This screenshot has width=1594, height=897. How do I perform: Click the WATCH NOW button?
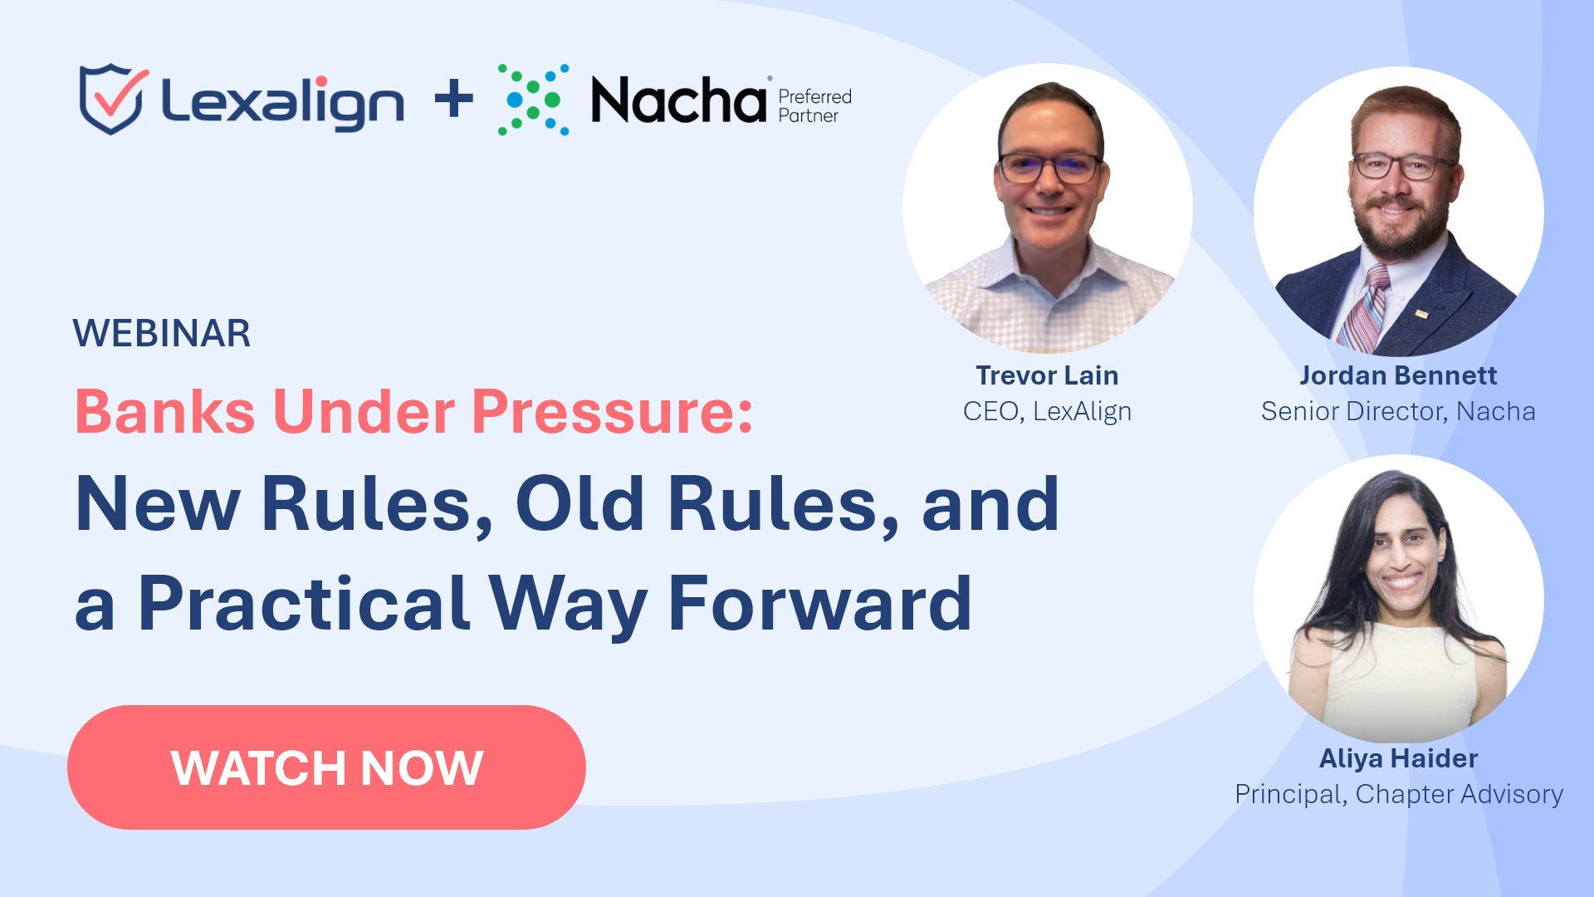point(326,767)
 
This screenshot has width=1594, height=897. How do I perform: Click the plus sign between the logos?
point(454,100)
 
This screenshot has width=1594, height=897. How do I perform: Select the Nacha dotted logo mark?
point(534,100)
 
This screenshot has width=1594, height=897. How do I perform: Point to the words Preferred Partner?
point(814,106)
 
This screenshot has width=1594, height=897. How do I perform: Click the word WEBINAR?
point(162,333)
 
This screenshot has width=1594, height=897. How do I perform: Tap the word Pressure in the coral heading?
point(612,412)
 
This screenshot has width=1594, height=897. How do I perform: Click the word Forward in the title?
point(819,604)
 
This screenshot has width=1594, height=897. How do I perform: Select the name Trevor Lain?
point(1047,375)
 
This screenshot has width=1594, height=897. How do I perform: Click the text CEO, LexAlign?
point(1047,411)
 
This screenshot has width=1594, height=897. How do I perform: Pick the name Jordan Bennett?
point(1398,375)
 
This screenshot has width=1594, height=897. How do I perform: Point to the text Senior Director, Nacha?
point(1398,411)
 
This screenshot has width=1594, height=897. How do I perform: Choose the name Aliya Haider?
point(1398,758)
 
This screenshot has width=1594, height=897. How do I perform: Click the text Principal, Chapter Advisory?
point(1399,794)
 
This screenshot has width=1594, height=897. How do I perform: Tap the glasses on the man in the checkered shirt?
point(1050,168)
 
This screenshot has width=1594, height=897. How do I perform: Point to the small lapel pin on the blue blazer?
point(1421,314)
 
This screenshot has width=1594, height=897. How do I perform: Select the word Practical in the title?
point(304,604)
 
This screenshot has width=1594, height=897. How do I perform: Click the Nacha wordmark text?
point(679,100)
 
